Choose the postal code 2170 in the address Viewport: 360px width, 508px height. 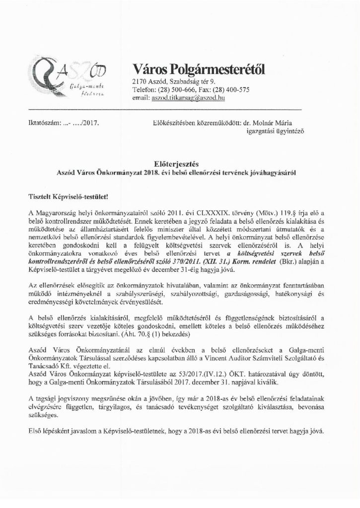(140, 81)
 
